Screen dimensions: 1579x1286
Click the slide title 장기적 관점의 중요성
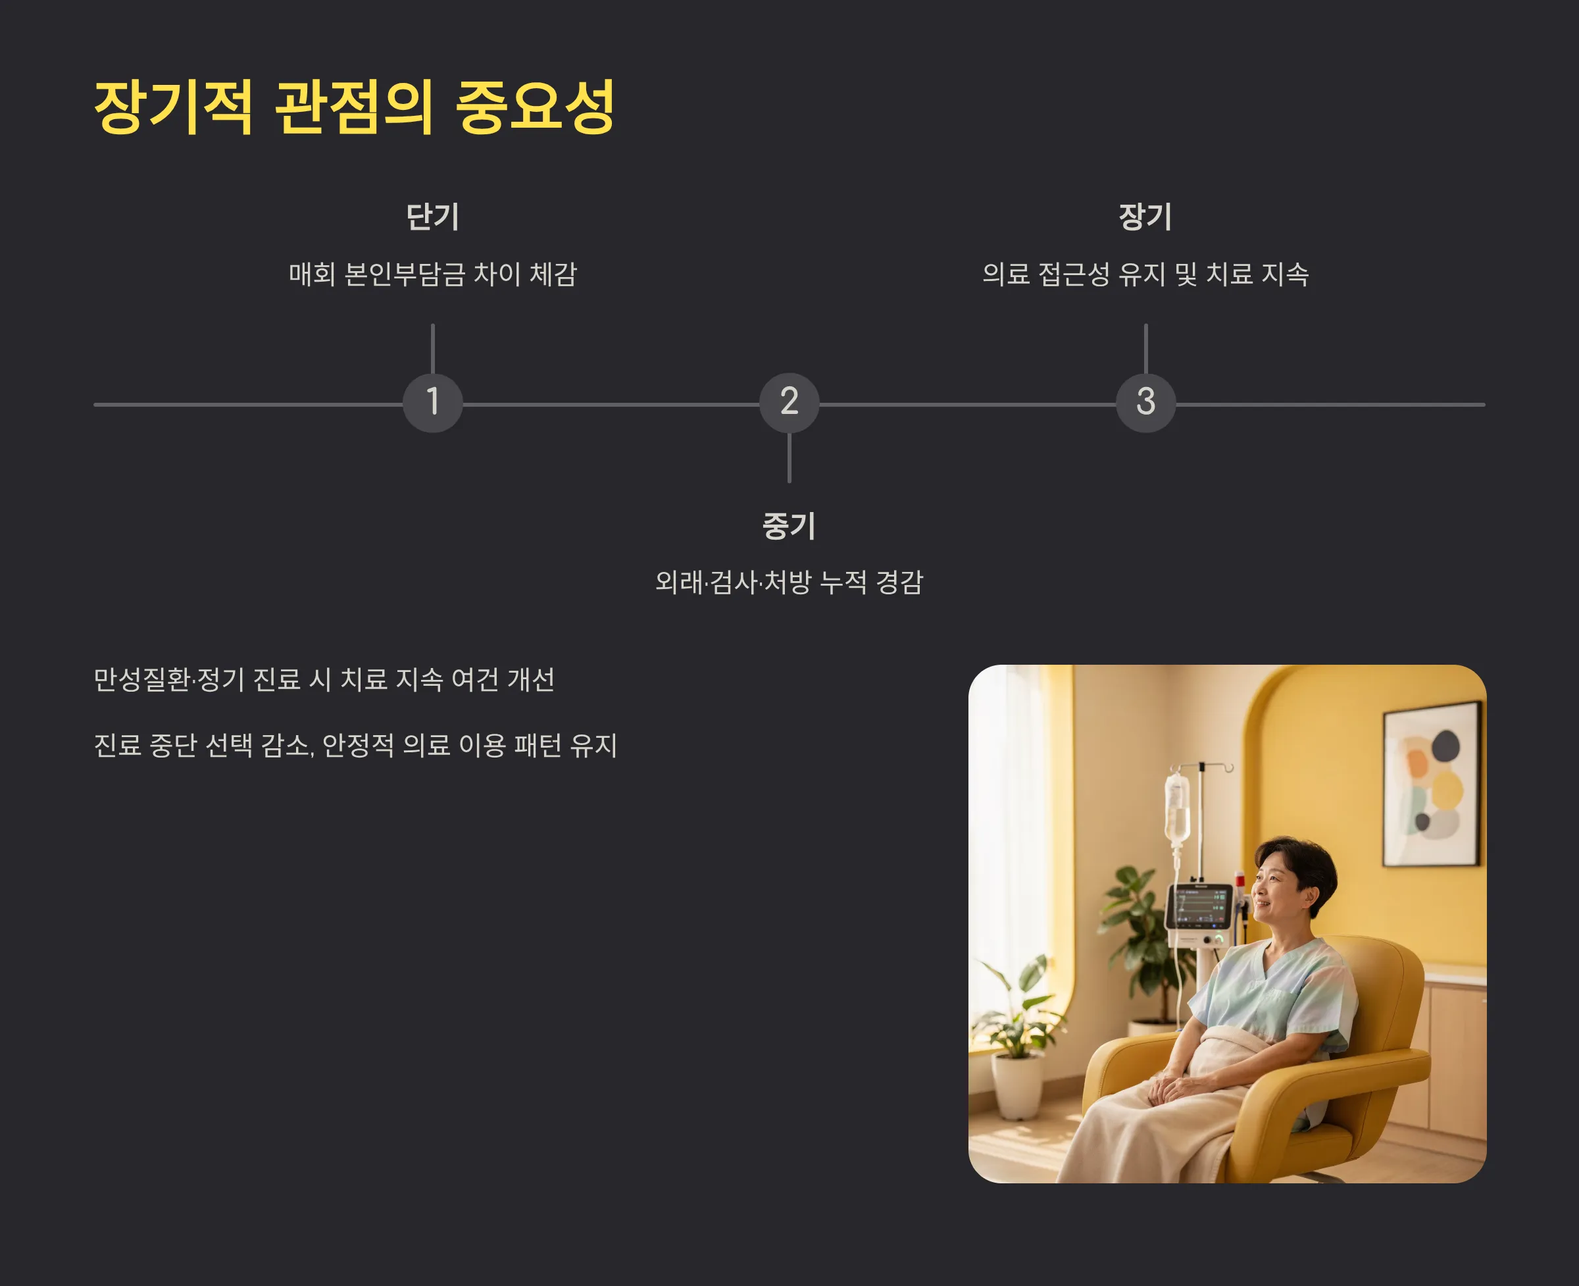pos(354,107)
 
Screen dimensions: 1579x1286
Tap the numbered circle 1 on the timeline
pos(432,402)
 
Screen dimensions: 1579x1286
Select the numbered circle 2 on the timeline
pos(789,402)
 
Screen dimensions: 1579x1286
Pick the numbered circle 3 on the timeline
pos(1145,402)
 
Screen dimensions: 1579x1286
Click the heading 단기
pos(432,217)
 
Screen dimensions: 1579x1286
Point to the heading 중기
pos(789,526)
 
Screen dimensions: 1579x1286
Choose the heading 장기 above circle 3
pos(1145,217)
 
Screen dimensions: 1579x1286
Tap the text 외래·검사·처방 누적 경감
pos(789,582)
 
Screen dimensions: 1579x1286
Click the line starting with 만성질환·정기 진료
pos(324,679)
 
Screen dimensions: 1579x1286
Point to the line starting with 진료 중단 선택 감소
pos(355,745)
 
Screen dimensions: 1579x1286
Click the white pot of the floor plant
pos(1018,1085)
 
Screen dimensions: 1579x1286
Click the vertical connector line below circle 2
pos(789,458)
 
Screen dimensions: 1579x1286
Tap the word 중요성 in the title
pos(534,107)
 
